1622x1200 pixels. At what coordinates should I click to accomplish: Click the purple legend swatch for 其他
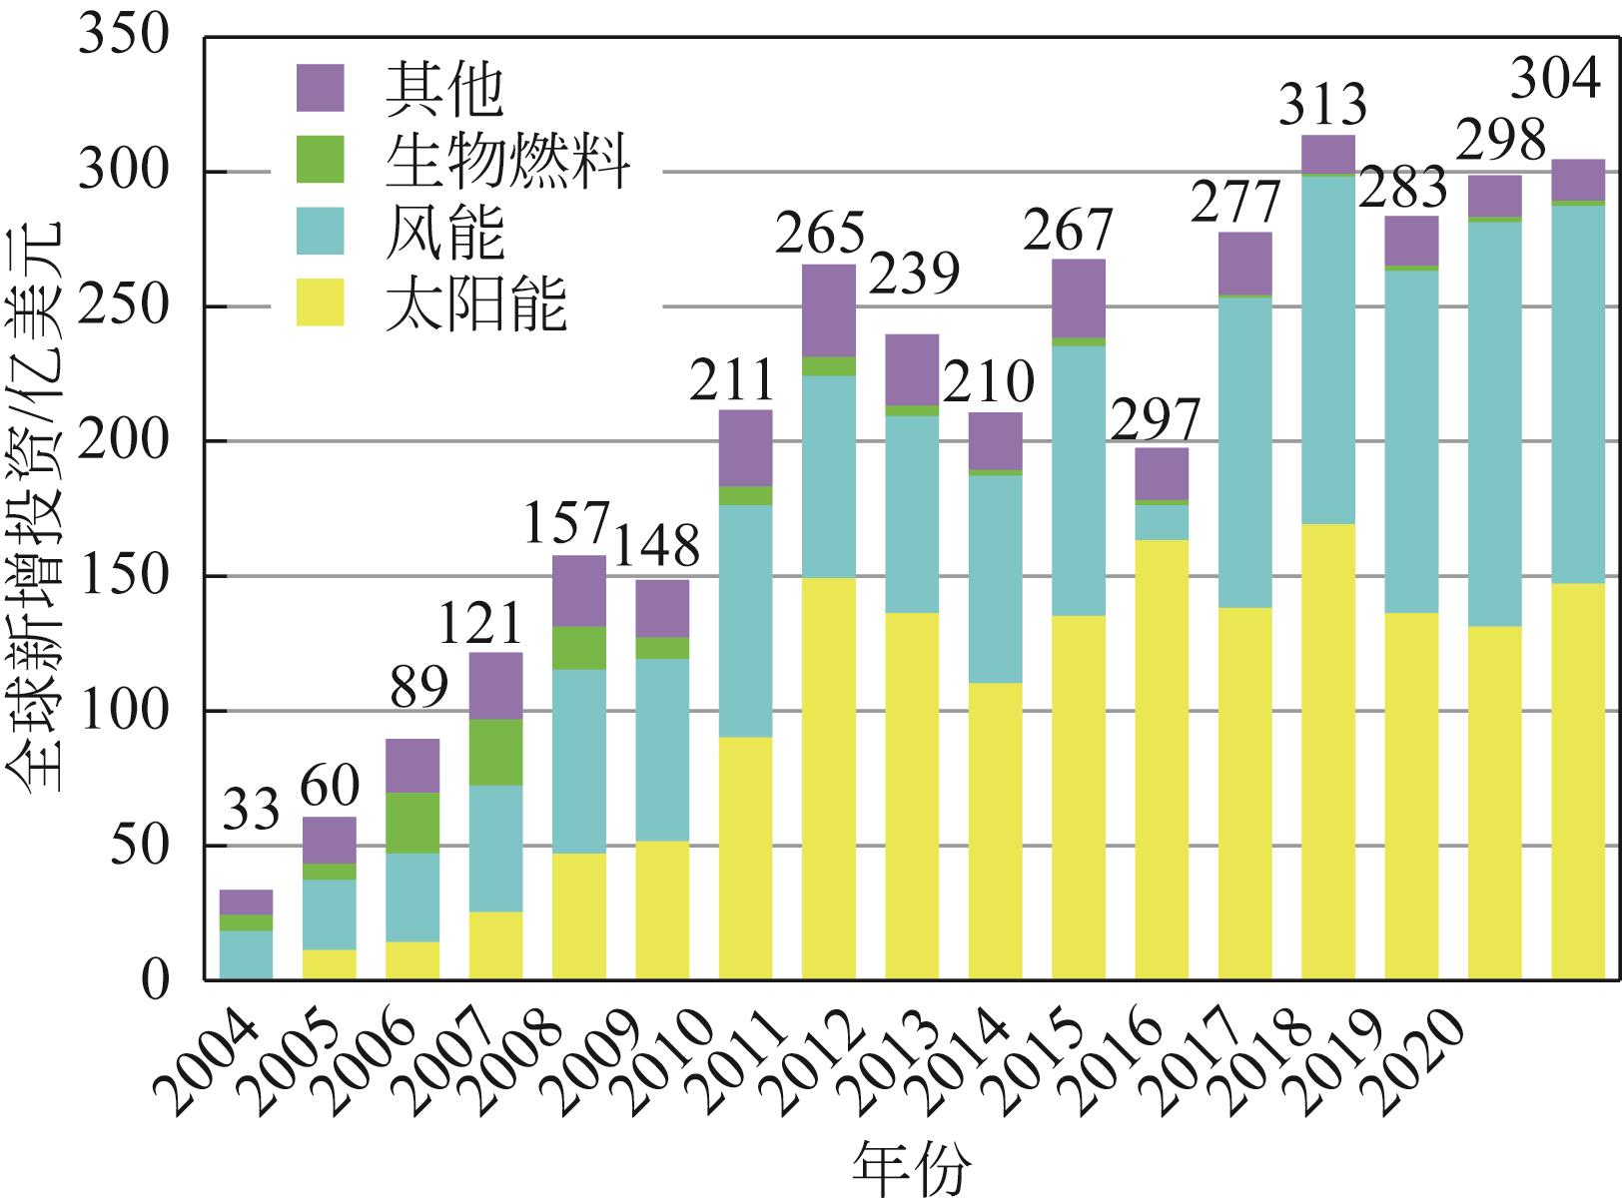pyautogui.click(x=320, y=88)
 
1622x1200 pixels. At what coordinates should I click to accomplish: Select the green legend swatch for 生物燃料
pyautogui.click(x=320, y=160)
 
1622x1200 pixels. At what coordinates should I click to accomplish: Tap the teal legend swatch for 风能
pyautogui.click(x=320, y=231)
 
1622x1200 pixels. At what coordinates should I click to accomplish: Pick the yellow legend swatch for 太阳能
pyautogui.click(x=320, y=302)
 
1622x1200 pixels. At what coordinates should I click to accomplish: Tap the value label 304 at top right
pyautogui.click(x=1555, y=78)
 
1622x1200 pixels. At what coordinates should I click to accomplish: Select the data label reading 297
pyautogui.click(x=1156, y=420)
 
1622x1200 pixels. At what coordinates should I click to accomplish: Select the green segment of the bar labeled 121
pyautogui.click(x=496, y=752)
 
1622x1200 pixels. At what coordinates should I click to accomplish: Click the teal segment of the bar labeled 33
pyautogui.click(x=247, y=954)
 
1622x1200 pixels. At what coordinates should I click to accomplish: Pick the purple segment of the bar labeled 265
pyautogui.click(x=829, y=310)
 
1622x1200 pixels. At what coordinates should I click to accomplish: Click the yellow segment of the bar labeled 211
pyautogui.click(x=746, y=859)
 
